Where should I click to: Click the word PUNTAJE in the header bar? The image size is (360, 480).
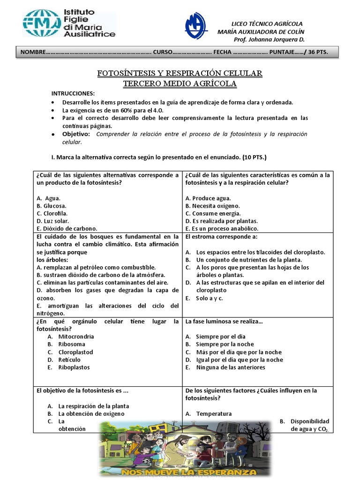point(288,52)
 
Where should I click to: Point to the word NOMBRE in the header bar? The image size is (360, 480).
point(33,52)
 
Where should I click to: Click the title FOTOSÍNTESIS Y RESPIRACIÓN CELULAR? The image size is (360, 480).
point(180,74)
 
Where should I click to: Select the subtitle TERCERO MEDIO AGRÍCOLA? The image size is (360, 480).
point(180,84)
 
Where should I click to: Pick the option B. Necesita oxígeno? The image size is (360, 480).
point(212,206)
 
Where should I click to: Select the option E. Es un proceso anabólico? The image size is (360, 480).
point(223,228)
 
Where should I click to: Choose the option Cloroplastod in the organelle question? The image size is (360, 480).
point(75,352)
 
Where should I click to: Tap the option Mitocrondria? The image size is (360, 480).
point(76,337)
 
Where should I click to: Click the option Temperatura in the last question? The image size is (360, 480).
point(214,413)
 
